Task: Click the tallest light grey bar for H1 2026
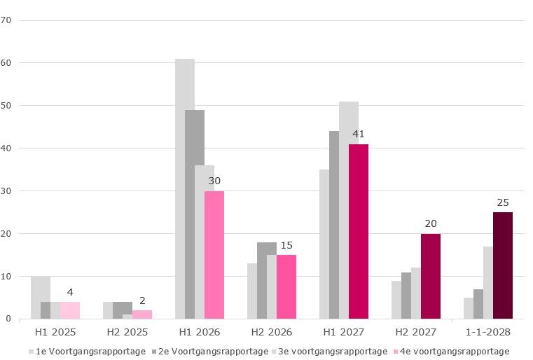[x=185, y=189]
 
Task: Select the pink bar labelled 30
[x=214, y=255]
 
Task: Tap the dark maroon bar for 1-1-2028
[x=503, y=265]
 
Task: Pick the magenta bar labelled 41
[x=359, y=232]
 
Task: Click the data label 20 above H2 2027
[x=431, y=224]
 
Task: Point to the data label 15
[x=286, y=245]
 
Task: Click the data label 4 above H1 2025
[x=70, y=292]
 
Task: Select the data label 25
[x=503, y=202]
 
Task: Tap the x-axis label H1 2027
[x=344, y=332]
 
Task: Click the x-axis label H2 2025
[x=127, y=332]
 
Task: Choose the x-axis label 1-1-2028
[x=488, y=332]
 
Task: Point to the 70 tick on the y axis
[x=6, y=20]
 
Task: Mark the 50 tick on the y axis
[x=6, y=106]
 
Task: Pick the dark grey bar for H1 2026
[x=195, y=214]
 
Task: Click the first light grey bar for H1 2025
[x=41, y=298]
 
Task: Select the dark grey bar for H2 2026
[x=267, y=281]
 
